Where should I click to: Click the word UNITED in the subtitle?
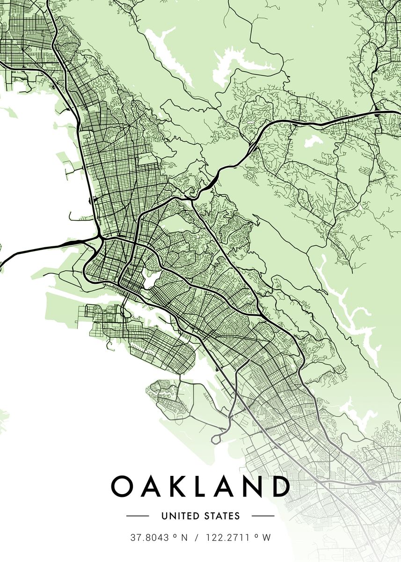[x=180, y=516]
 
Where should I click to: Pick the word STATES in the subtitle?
[x=221, y=516]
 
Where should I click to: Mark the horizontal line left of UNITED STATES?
[x=138, y=516]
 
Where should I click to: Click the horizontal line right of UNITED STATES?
[x=263, y=516]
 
